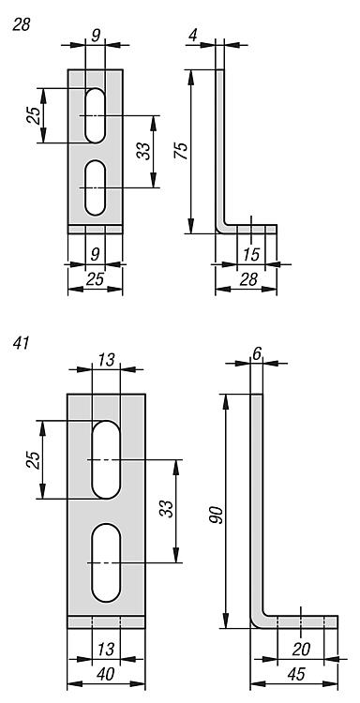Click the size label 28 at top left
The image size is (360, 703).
click(22, 24)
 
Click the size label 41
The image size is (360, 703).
click(21, 343)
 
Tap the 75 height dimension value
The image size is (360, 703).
click(181, 151)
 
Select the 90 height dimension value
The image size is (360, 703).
click(216, 515)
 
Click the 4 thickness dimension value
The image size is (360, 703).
click(193, 36)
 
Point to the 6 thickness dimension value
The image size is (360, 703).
click(257, 354)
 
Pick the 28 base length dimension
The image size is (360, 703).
click(248, 279)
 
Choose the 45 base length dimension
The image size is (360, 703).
click(297, 674)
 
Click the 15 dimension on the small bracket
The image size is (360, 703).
click(251, 255)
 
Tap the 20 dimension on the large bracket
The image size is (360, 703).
click(301, 649)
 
